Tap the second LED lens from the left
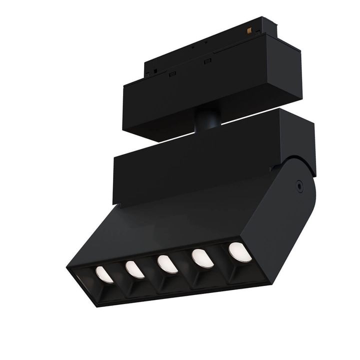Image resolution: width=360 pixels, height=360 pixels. click(x=133, y=269)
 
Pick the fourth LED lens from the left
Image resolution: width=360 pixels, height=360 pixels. click(x=199, y=257)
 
